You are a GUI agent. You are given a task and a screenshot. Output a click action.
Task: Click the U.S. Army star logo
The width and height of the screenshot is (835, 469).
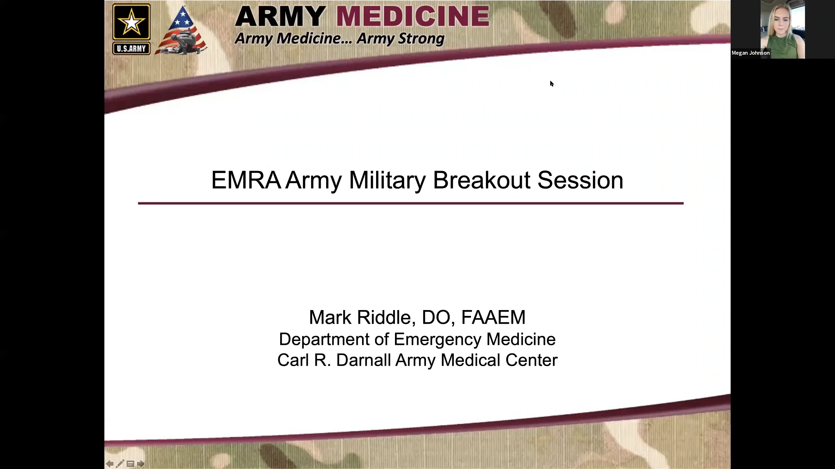[x=131, y=22]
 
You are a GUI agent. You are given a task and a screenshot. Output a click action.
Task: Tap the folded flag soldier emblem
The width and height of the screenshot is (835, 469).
[x=181, y=33]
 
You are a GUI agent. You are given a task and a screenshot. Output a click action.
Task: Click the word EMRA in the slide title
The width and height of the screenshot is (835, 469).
[x=246, y=180]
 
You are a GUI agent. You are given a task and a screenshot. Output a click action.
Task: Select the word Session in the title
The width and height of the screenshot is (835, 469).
[x=580, y=180]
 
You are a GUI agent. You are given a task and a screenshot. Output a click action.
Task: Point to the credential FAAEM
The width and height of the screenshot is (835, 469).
[x=493, y=317]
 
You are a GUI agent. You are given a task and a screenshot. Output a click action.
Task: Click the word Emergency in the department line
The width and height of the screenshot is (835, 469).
[x=438, y=339]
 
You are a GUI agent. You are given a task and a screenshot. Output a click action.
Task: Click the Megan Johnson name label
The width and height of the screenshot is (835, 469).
[x=751, y=53]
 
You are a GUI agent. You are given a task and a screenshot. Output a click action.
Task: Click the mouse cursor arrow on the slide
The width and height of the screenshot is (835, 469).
[x=552, y=84]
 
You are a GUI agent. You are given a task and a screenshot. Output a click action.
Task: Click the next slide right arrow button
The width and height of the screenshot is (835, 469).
[x=141, y=464]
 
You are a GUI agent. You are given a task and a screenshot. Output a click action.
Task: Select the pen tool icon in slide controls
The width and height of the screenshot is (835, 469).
[x=120, y=464]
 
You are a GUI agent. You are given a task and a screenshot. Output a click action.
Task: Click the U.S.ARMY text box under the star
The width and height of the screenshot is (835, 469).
[x=131, y=49]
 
